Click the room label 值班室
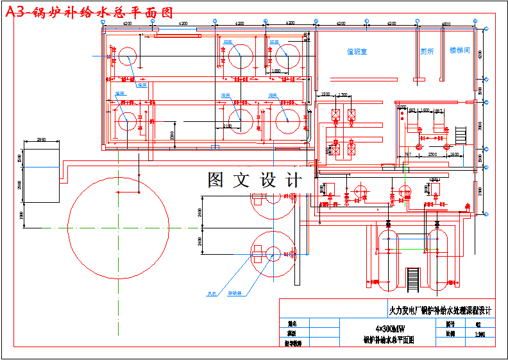[x=357, y=51]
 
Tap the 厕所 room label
[x=427, y=51]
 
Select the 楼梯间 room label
[x=459, y=50]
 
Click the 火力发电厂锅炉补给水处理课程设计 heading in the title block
[x=440, y=311]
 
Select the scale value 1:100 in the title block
[x=479, y=334]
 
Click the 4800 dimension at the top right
[x=446, y=24]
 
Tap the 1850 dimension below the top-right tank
[x=276, y=71]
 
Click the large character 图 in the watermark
[x=216, y=180]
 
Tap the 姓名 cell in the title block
[x=292, y=324]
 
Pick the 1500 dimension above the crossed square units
[x=326, y=95]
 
